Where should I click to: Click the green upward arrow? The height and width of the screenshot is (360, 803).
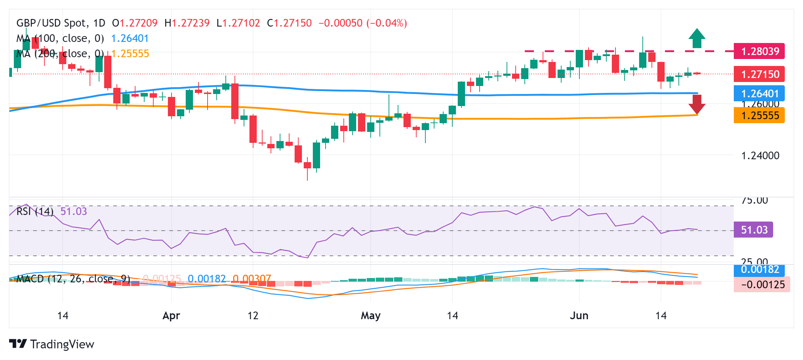click(697, 38)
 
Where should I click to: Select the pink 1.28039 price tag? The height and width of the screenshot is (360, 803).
click(759, 51)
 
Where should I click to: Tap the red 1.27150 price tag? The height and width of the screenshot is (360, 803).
click(759, 74)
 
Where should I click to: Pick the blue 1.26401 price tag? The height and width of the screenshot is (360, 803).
click(759, 94)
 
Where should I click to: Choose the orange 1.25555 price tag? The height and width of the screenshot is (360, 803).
click(759, 116)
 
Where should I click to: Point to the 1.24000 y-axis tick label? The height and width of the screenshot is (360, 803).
click(760, 156)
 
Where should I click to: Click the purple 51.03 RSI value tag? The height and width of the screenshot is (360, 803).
click(753, 230)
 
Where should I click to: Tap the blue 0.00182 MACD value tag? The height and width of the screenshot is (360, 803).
click(759, 270)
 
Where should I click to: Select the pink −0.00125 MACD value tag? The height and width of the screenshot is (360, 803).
click(761, 285)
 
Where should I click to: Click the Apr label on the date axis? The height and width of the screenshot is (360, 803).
click(171, 316)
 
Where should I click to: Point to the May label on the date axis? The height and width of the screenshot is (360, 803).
click(370, 316)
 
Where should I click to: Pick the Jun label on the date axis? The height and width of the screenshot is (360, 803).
click(579, 316)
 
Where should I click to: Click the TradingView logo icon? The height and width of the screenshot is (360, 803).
click(18, 344)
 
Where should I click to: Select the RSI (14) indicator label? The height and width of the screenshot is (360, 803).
click(35, 211)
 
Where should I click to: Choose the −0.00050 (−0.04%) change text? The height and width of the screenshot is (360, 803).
click(362, 23)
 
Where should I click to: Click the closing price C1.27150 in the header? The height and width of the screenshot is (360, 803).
click(289, 23)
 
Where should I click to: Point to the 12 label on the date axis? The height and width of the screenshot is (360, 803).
click(253, 316)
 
